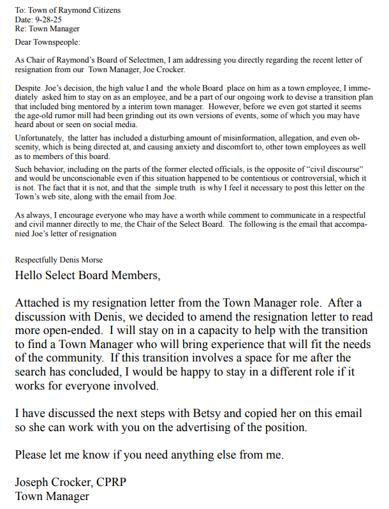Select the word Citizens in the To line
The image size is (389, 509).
point(104,11)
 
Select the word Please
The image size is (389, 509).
point(31,455)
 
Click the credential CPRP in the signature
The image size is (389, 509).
point(110,483)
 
